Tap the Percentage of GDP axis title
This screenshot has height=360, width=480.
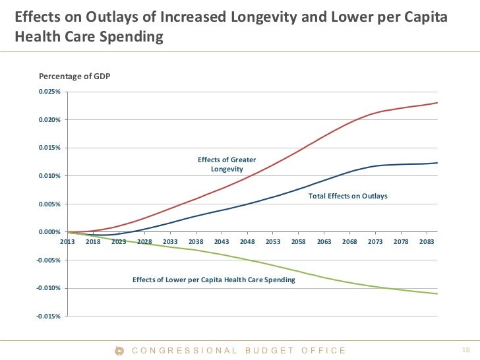[x=75, y=77]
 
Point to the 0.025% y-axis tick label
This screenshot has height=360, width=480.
[x=49, y=92]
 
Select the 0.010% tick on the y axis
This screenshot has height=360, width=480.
[x=49, y=176]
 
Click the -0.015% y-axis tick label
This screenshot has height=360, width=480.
[x=48, y=316]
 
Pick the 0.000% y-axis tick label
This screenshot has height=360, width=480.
[x=49, y=232]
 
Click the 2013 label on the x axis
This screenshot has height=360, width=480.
[x=67, y=242]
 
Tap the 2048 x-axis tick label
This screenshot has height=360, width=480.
[x=247, y=242]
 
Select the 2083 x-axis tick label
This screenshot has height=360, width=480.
[x=427, y=242]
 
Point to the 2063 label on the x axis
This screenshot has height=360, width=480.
[x=324, y=242]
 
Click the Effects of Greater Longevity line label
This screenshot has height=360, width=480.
[x=227, y=165]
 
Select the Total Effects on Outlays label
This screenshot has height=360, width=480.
[x=348, y=196]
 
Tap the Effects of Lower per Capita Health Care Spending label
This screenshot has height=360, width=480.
[x=214, y=280]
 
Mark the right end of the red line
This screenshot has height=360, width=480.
[x=437, y=103]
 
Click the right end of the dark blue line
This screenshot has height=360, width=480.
[x=437, y=163]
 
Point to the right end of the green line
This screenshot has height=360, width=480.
[x=437, y=293]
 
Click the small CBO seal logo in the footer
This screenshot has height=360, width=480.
[x=119, y=351]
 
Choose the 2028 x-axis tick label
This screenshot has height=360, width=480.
[x=144, y=242]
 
